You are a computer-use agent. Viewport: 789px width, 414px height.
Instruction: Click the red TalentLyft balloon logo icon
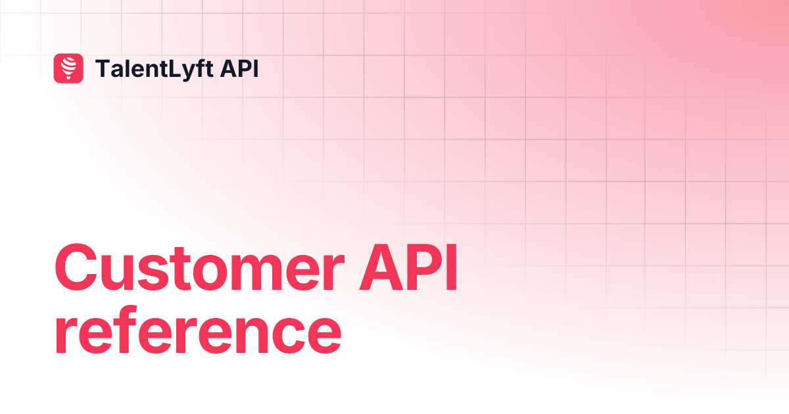point(68,68)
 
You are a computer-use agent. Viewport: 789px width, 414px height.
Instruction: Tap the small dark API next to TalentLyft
point(239,68)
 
